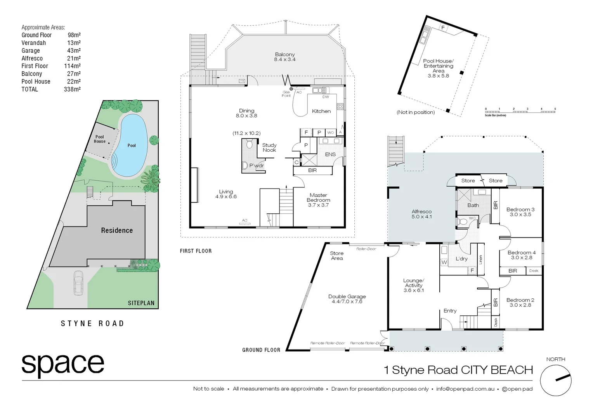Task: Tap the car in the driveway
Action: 78,282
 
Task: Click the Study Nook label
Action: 269,147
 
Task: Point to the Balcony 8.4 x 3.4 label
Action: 285,57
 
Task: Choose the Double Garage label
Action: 347,299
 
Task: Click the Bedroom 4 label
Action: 522,255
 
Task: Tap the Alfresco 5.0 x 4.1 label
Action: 421,214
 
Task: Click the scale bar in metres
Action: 520,112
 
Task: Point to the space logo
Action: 63,365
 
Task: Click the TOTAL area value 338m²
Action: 72,89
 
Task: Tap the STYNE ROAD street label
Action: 92,324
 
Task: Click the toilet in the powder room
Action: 249,144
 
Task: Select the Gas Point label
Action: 286,94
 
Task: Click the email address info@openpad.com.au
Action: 465,389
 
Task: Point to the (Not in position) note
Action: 415,112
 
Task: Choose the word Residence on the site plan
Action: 117,230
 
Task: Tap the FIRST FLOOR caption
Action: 196,251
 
